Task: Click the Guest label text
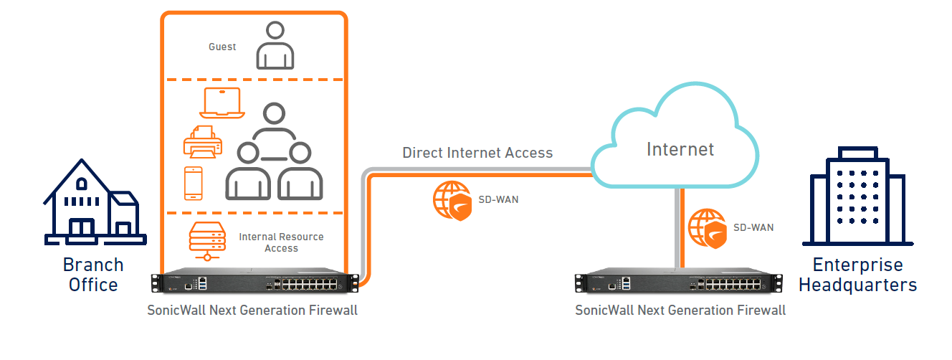(x=222, y=47)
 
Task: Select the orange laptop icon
(x=222, y=103)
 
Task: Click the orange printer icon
(x=202, y=142)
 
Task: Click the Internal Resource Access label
(x=281, y=242)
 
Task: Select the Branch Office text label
(x=93, y=275)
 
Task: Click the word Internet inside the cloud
(x=680, y=149)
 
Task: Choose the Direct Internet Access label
(x=477, y=153)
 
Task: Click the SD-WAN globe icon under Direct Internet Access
(x=451, y=200)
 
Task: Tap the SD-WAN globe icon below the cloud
(x=706, y=228)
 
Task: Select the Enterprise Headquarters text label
(x=857, y=275)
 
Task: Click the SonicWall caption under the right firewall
(x=680, y=311)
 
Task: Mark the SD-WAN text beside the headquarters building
(x=753, y=228)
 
